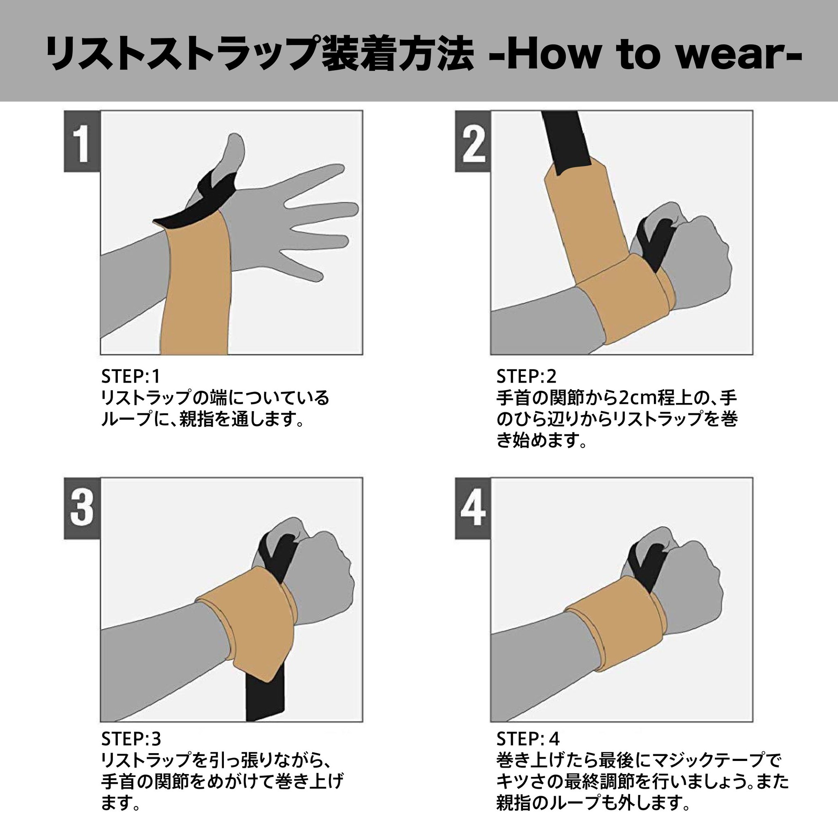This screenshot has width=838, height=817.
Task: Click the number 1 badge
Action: [x=82, y=141]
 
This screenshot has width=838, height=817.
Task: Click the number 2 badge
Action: [x=473, y=141]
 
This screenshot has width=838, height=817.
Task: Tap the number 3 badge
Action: [x=82, y=508]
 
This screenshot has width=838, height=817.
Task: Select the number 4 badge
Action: [x=473, y=508]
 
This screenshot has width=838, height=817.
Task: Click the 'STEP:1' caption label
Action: [x=131, y=376]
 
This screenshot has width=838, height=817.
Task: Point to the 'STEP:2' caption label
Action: [x=527, y=376]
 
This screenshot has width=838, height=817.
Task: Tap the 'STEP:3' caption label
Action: [x=131, y=738]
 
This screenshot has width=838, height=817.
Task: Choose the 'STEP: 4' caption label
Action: [x=528, y=738]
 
